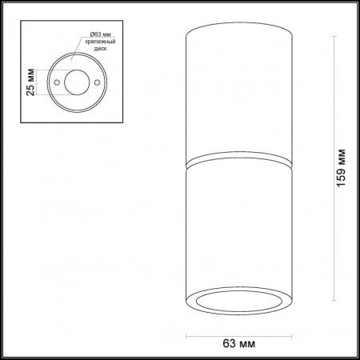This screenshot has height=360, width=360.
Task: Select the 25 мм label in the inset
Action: click(30, 82)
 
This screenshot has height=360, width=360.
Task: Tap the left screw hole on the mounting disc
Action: click(58, 82)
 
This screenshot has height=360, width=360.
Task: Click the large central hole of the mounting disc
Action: click(77, 82)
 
